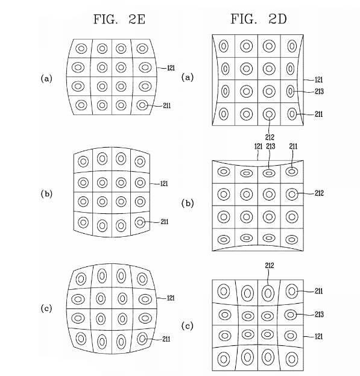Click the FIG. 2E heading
coord(119,19)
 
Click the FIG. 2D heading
coord(259,19)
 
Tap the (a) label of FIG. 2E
coord(46,78)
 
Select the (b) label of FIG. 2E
coord(46,194)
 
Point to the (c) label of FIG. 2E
coord(46,309)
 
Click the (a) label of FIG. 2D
coord(187,77)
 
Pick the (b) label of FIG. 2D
coord(187,203)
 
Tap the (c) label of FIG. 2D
coord(187,326)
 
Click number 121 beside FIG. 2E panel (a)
coord(171,68)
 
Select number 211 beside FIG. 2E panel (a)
coord(167,105)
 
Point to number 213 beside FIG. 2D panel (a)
coord(319,92)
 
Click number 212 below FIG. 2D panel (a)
coord(270,137)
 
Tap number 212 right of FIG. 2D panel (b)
coord(319,193)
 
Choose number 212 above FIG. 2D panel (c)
coord(270,266)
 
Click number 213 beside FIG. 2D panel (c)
coord(319,314)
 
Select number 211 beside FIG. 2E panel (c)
coord(166,339)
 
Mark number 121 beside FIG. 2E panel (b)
coord(164,184)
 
